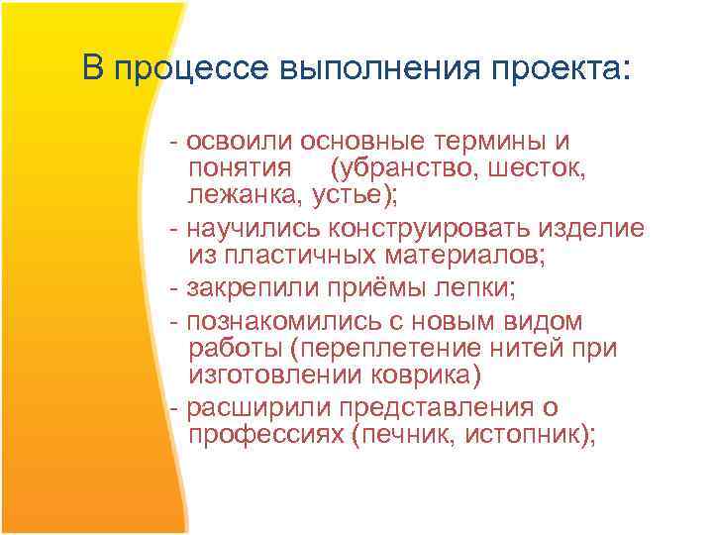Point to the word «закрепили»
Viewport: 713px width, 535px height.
(x=240, y=289)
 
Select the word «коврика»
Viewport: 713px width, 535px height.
(x=433, y=374)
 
